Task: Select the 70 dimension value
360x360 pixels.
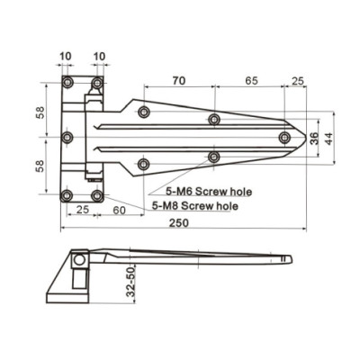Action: coord(178,82)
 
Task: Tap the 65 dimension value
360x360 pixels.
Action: coord(250,82)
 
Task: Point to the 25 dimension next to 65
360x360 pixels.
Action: coord(297,82)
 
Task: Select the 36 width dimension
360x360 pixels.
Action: coord(313,138)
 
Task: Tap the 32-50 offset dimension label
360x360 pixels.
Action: coord(130,282)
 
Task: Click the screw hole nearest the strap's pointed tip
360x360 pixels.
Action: coord(284,138)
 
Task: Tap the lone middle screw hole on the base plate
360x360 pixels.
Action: coord(67,138)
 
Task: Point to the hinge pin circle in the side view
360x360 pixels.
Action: coord(80,259)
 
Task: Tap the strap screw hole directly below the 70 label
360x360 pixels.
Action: coord(144,112)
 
